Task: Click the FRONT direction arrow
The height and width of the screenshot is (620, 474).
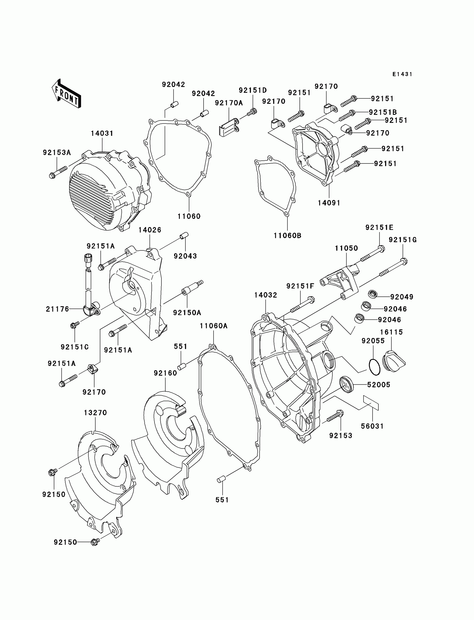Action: [x=67, y=93]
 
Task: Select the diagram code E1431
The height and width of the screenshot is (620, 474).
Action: [x=402, y=74]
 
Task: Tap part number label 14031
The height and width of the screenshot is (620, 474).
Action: [x=102, y=133]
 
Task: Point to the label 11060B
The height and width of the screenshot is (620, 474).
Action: [x=287, y=235]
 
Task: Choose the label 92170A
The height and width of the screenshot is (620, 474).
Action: [x=229, y=103]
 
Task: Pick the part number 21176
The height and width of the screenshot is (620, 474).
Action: [x=57, y=309]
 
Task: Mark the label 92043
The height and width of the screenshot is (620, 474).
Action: [x=185, y=256]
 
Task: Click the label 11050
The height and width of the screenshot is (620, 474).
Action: [x=346, y=248]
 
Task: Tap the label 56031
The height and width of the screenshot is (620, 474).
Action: [x=373, y=426]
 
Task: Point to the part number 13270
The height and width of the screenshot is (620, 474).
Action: [x=95, y=412]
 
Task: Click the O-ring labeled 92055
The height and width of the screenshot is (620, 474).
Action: [x=374, y=367]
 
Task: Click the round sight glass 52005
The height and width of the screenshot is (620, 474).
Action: [x=346, y=384]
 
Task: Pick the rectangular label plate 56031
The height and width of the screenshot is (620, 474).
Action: [x=371, y=402]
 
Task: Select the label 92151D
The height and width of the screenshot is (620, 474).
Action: [x=253, y=90]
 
